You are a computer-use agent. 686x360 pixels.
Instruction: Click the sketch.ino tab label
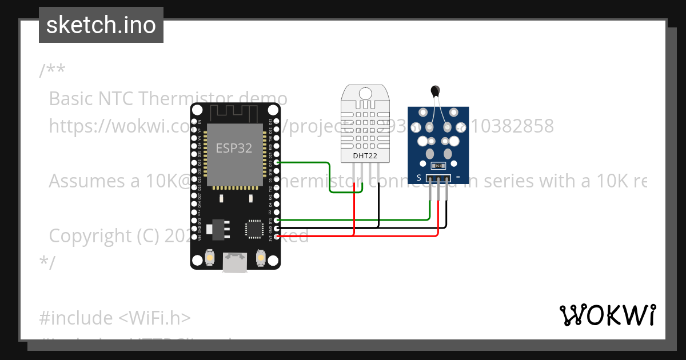point(101,25)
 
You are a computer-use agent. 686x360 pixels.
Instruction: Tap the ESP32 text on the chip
point(234,148)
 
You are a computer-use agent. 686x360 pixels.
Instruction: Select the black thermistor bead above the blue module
point(436,90)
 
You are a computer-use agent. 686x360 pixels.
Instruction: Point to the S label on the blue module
point(419,178)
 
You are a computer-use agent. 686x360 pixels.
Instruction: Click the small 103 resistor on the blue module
point(438,166)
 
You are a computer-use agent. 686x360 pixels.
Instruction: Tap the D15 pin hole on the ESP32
point(277,220)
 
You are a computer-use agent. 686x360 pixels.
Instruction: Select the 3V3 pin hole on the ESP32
point(277,236)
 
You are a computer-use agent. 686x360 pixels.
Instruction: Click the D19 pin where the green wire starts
point(277,163)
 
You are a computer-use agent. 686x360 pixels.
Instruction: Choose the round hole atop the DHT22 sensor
point(365,92)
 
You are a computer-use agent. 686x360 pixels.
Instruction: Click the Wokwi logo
point(607,315)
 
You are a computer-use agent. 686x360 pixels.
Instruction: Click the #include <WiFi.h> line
point(115,318)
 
